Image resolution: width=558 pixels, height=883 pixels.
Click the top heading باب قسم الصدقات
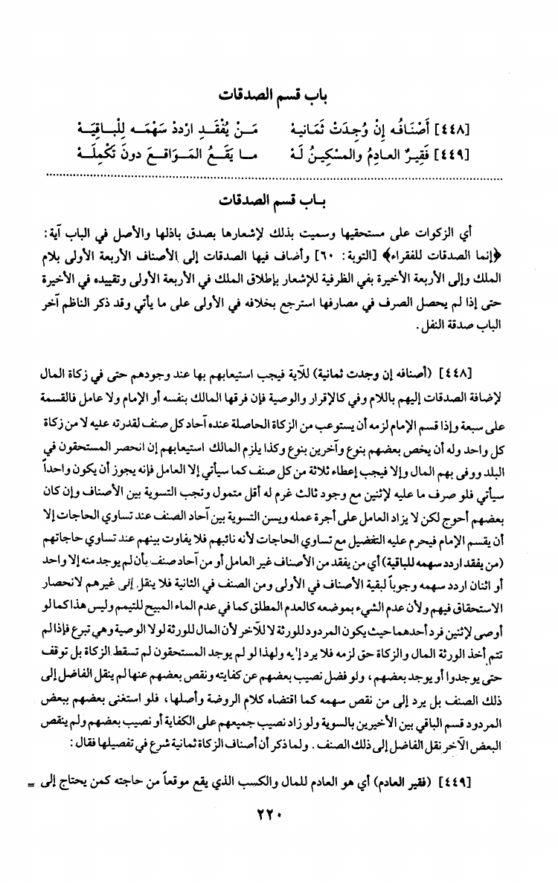(279, 95)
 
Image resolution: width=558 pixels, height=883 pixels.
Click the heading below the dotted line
(279, 201)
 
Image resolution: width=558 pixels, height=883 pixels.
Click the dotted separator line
(279, 175)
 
